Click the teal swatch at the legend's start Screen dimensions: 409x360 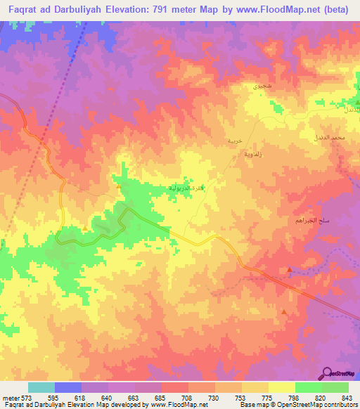pyautogui.click(x=41, y=387)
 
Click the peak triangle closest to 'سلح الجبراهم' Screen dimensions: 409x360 pyautogui.click(x=290, y=270)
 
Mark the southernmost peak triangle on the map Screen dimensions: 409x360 pyautogui.click(x=284, y=311)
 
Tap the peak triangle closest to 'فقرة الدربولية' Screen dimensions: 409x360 pyautogui.click(x=118, y=187)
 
